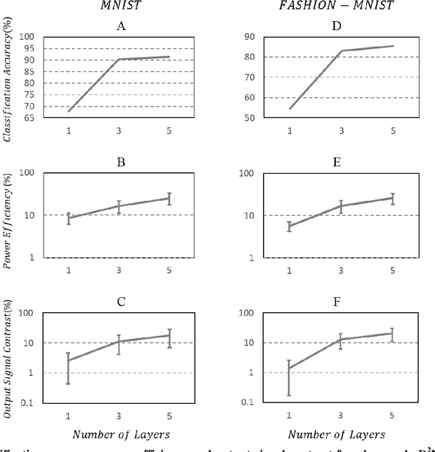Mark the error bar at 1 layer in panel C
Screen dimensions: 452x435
(x=69, y=369)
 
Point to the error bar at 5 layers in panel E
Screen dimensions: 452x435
(x=393, y=199)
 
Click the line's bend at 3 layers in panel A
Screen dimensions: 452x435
(x=119, y=60)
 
